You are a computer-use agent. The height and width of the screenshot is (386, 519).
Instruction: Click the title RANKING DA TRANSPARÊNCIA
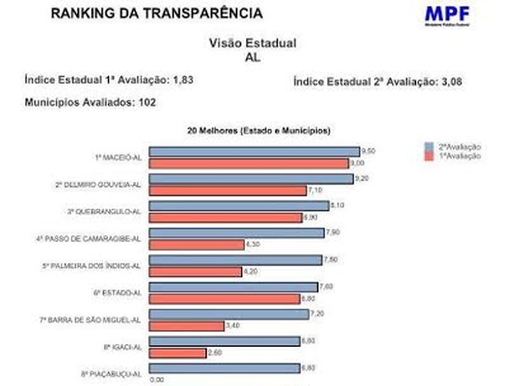pyautogui.click(x=157, y=14)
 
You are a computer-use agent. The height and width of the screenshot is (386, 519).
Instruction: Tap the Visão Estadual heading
pyautogui.click(x=252, y=44)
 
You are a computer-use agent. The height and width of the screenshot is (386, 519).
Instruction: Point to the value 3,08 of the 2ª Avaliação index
pyautogui.click(x=447, y=82)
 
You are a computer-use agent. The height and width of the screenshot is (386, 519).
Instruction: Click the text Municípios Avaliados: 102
pyautogui.click(x=90, y=103)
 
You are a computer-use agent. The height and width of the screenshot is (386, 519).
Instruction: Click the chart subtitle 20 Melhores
pyautogui.click(x=259, y=131)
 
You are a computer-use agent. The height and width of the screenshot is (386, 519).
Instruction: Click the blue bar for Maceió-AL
pyautogui.click(x=253, y=152)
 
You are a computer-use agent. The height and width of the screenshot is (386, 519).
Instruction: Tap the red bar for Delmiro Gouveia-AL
pyautogui.click(x=228, y=191)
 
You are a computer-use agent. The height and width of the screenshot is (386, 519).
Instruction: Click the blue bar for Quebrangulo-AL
pyautogui.click(x=238, y=206)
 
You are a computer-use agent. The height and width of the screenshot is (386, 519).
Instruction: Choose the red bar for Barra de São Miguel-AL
pyautogui.click(x=187, y=326)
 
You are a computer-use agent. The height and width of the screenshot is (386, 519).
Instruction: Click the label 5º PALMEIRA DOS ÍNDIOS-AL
pyautogui.click(x=92, y=266)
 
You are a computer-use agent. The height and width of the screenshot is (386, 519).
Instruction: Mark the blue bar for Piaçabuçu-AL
pyautogui.click(x=223, y=368)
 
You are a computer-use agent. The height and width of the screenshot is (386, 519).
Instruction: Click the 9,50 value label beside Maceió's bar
pyautogui.click(x=368, y=151)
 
